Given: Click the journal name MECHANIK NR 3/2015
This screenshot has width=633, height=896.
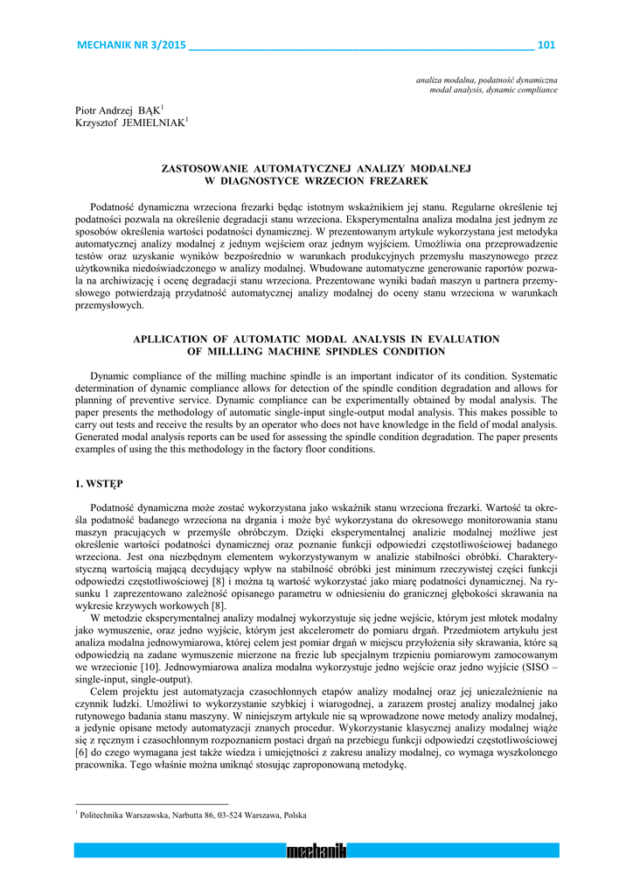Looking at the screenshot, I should click(x=132, y=45).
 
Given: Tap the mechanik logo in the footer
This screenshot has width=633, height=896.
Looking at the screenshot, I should click(x=316, y=850).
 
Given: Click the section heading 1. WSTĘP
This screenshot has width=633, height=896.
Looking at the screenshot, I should click(x=100, y=483).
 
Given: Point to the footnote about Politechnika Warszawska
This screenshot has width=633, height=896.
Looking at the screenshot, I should click(x=193, y=815).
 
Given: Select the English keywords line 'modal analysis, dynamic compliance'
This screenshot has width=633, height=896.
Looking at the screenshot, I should click(x=494, y=90).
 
